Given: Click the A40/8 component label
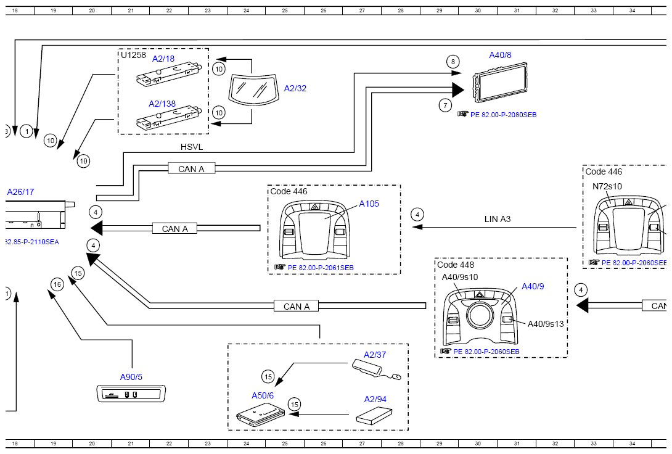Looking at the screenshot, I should (x=500, y=55).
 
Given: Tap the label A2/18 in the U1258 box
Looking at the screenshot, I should (x=163, y=59).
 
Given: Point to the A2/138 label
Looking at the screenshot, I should (x=162, y=104).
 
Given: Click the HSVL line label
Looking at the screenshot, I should (x=192, y=147).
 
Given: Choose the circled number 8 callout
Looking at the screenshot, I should (x=453, y=62).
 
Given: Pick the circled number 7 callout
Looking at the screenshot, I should (x=446, y=105).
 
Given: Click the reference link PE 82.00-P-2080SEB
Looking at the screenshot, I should (x=502, y=115).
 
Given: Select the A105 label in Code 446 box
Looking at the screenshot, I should (x=370, y=204).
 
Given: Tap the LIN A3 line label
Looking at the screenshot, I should (x=498, y=219).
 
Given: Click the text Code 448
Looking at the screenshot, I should (x=456, y=265).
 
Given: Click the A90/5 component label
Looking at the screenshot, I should (x=131, y=377).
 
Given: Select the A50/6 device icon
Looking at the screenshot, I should (x=260, y=415).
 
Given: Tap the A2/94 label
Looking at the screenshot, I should (x=375, y=399).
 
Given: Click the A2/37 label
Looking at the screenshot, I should (x=375, y=355).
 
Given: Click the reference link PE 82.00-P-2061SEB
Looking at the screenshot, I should (x=320, y=268).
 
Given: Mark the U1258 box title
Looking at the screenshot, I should (x=133, y=55).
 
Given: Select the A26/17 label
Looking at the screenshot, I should (x=20, y=192).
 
